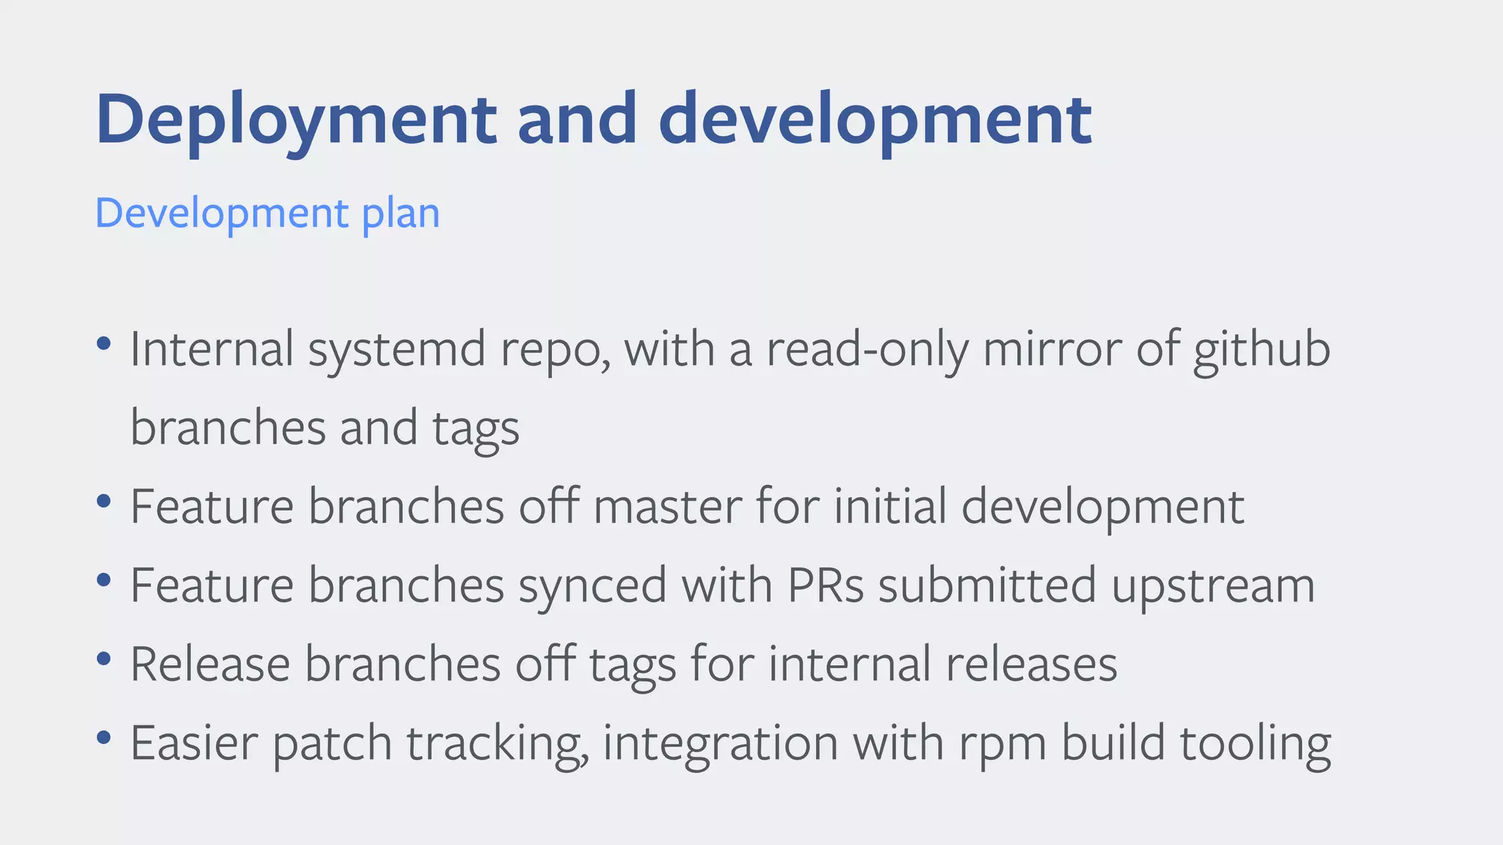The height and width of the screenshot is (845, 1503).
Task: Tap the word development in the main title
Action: (x=875, y=120)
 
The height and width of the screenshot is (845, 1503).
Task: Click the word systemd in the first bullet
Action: (x=396, y=349)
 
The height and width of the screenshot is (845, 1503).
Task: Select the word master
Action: (x=667, y=507)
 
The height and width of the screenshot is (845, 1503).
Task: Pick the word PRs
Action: (x=826, y=585)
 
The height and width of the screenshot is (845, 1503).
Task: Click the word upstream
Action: (x=1212, y=587)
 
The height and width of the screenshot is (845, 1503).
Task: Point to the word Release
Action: (x=210, y=664)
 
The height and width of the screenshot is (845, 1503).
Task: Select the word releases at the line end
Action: (x=1031, y=664)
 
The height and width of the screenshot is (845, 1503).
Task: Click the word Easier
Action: (x=194, y=743)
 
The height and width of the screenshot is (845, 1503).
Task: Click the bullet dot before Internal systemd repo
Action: (x=103, y=343)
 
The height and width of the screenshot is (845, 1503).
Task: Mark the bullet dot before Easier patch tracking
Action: (x=103, y=737)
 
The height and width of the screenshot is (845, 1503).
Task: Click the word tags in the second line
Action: (x=476, y=429)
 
